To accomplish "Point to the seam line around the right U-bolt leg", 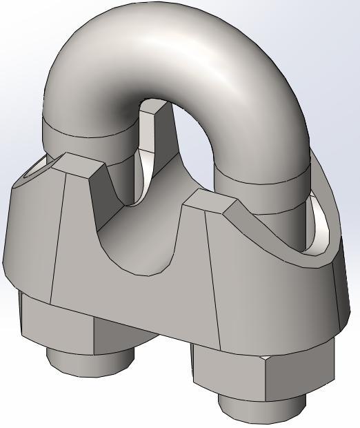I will [x=262, y=182].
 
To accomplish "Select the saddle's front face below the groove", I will [x=138, y=297].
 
